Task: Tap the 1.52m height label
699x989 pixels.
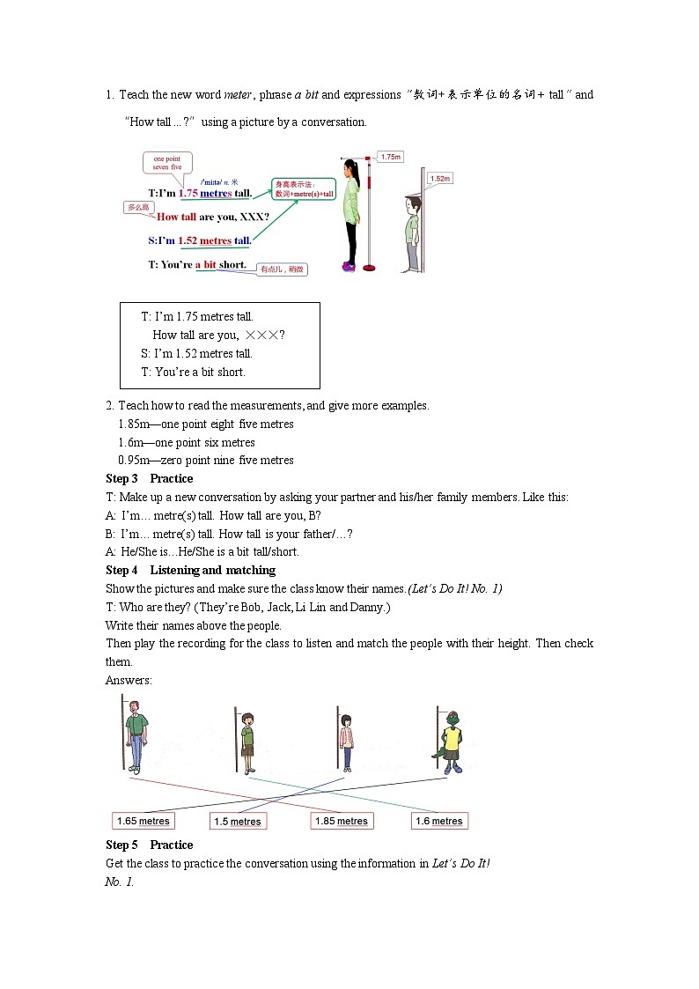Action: pyautogui.click(x=440, y=179)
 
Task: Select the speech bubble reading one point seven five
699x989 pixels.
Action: pyautogui.click(x=167, y=163)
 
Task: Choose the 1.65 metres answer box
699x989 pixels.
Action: pyautogui.click(x=143, y=821)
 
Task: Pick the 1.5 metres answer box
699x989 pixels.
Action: pyautogui.click(x=238, y=822)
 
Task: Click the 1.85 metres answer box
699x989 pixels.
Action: pyautogui.click(x=341, y=821)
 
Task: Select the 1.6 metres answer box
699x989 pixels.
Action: pyautogui.click(x=439, y=821)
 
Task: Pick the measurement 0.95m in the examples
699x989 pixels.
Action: pyautogui.click(x=132, y=460)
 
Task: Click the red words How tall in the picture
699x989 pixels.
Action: pyautogui.click(x=176, y=217)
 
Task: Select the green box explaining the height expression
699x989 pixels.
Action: pyautogui.click(x=304, y=188)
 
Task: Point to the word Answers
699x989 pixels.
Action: pyautogui.click(x=129, y=680)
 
